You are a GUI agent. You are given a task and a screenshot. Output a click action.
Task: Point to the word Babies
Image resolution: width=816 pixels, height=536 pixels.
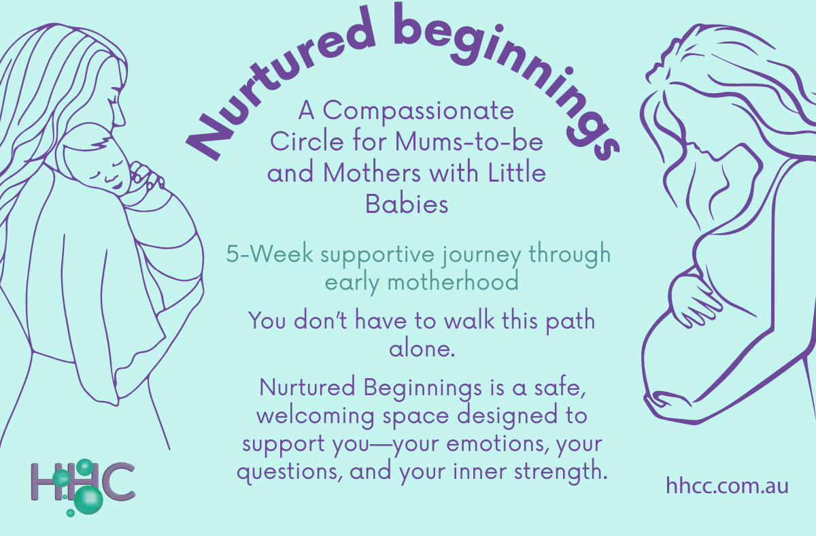tap(407, 203)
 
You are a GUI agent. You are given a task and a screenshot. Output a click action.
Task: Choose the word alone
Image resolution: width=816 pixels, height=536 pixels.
tap(421, 350)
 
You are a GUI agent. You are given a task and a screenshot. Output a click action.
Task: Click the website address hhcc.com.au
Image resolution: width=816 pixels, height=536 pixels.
tap(727, 486)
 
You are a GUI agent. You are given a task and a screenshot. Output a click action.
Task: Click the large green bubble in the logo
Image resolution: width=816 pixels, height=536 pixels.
tap(88, 500)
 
